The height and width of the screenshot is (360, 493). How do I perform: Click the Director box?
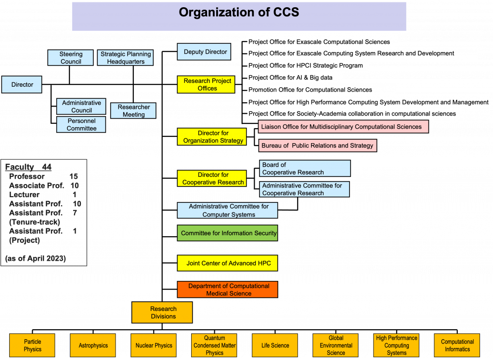coord(22,84)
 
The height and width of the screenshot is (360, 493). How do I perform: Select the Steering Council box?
coord(70,57)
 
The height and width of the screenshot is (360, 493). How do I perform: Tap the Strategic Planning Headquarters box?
coord(126,57)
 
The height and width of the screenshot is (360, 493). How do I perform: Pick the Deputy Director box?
coord(204,52)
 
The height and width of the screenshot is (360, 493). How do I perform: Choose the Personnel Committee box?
coord(81,124)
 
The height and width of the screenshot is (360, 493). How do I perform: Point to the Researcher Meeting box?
coord(133,110)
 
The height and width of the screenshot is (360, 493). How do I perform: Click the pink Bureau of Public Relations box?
coord(318,146)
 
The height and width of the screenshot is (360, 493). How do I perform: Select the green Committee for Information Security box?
coord(228,233)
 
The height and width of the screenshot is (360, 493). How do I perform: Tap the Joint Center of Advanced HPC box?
coord(228,263)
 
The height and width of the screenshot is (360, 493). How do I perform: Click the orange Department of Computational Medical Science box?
coord(228,290)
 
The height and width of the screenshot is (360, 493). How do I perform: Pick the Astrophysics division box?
coord(93,345)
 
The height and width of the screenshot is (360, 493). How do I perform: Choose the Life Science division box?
coord(275,345)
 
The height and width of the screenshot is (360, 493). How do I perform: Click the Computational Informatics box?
coord(457,345)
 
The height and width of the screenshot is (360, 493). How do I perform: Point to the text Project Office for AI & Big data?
coord(290,78)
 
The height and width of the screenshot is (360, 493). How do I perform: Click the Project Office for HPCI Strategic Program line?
coord(305,66)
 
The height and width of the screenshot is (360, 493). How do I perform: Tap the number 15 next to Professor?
coord(74,176)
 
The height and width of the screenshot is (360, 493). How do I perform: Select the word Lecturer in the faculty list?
coord(24,195)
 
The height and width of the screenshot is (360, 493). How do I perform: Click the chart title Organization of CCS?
coord(239,12)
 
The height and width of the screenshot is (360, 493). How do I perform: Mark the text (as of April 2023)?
coord(36,258)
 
